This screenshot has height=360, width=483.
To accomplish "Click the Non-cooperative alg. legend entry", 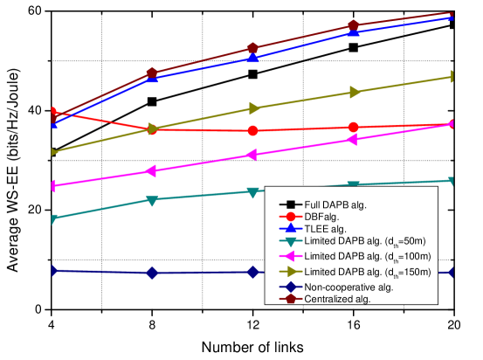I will pyautogui.click(x=348, y=287).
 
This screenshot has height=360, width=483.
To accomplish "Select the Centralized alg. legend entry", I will pyautogui.click(x=336, y=299).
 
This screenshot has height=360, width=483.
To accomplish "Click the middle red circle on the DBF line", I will pyautogui.click(x=252, y=130).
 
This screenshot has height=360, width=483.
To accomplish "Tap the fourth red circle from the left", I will pyautogui.click(x=353, y=127).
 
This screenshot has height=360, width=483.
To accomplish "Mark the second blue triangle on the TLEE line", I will pyautogui.click(x=152, y=78).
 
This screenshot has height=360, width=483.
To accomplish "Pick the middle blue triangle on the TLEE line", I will pyautogui.click(x=252, y=58).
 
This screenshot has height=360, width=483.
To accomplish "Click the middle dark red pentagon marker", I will pyautogui.click(x=252, y=48).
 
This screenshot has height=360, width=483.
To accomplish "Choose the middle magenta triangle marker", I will pyautogui.click(x=252, y=155).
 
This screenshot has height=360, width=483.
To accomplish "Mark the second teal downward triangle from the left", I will pyautogui.click(x=152, y=200).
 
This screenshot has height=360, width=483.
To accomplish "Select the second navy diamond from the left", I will pyautogui.click(x=152, y=273).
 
